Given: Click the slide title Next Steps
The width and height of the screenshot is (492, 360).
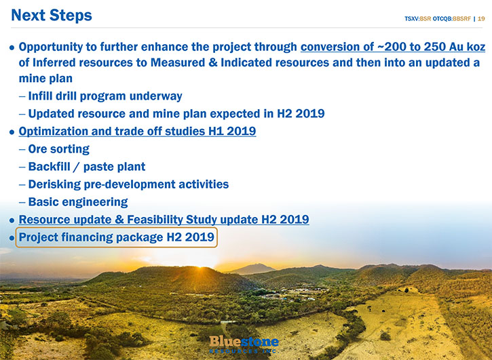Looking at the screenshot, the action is (x=52, y=16).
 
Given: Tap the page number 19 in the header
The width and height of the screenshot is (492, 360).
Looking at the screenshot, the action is (x=481, y=19).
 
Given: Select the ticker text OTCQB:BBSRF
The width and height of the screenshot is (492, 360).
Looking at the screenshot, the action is (x=451, y=19).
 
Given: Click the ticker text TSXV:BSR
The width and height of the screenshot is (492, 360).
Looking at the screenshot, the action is (x=417, y=19).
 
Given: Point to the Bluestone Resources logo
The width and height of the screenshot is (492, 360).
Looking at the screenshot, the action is (x=244, y=344).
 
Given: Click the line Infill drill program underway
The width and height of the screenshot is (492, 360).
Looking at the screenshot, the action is (x=105, y=96).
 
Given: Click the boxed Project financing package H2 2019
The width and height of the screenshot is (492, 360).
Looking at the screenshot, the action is (x=117, y=237).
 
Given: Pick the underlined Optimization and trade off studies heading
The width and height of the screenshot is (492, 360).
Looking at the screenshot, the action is (x=137, y=132).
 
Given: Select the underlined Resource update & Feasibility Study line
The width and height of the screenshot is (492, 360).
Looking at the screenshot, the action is (x=164, y=220).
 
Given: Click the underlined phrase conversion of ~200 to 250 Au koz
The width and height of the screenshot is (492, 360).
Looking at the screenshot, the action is (x=393, y=47).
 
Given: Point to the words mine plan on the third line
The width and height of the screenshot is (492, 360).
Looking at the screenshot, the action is (x=45, y=79).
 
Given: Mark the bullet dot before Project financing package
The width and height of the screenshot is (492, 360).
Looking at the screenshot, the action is (x=12, y=238).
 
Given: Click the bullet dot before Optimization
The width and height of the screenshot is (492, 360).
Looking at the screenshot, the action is (x=12, y=132).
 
